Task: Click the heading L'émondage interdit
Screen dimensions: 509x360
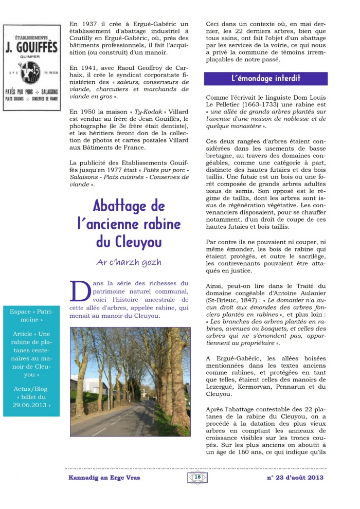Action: [265, 79]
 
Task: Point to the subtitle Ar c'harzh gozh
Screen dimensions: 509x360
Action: [129, 262]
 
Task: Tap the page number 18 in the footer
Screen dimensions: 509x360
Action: [197, 477]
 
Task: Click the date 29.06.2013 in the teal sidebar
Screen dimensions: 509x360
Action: [33, 405]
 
